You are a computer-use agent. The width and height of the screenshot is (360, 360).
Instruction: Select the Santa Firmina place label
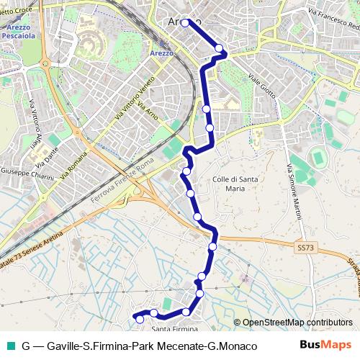[x=174, y=329]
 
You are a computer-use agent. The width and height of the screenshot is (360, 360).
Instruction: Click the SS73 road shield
[x=305, y=247]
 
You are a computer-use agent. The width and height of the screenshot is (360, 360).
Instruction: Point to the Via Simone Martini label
[x=294, y=193]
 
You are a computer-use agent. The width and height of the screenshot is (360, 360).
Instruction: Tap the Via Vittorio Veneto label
[x=135, y=99]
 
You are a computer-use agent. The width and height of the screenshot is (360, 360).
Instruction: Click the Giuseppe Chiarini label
[x=27, y=174]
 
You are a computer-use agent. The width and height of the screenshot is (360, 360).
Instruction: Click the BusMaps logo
[x=326, y=346]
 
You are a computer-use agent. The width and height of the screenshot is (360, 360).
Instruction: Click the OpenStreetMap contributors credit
[x=296, y=323]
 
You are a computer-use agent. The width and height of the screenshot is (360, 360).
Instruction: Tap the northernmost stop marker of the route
[x=185, y=22]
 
